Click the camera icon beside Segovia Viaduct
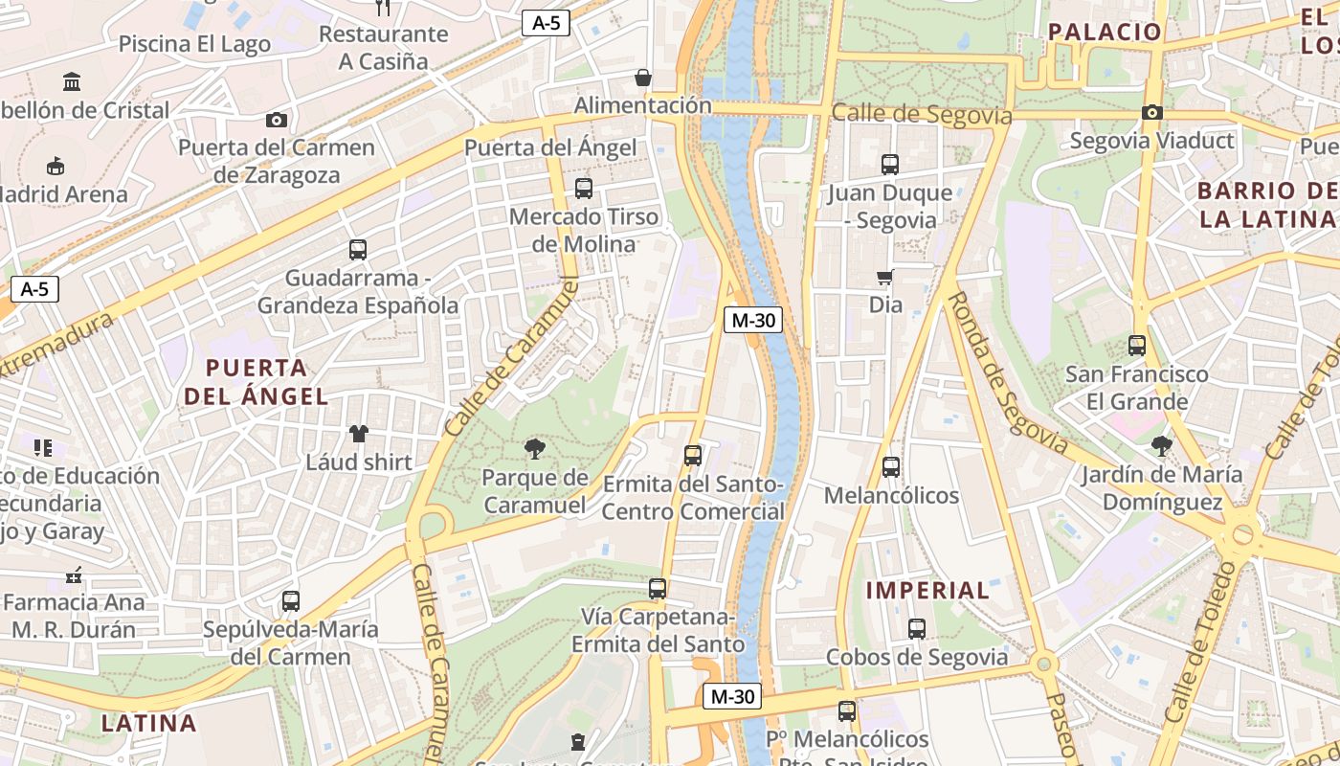click(1152, 112)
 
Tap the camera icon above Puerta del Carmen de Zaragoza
click(277, 120)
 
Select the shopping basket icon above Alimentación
click(643, 77)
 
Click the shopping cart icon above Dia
click(885, 278)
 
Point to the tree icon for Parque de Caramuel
click(535, 448)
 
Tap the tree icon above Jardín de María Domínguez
click(1162, 445)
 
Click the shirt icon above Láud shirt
click(359, 434)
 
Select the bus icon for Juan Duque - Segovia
click(890, 165)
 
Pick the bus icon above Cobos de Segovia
click(917, 629)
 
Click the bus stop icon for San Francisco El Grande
click(1137, 346)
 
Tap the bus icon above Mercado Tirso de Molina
click(584, 189)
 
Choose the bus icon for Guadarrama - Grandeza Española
click(358, 250)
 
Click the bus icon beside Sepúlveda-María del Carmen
click(291, 601)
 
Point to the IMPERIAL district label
click(927, 591)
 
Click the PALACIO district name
click(1104, 32)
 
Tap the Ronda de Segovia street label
click(1006, 372)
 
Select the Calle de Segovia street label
click(921, 115)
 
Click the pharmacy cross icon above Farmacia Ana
click(74, 575)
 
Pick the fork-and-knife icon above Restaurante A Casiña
click(383, 8)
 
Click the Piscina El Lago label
click(194, 44)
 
